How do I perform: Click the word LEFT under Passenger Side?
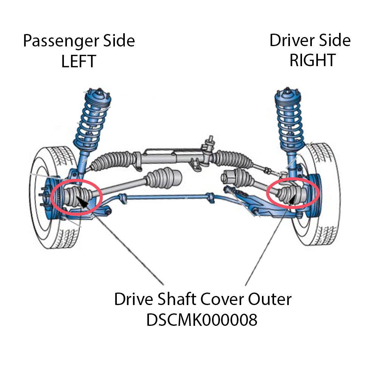[79, 61]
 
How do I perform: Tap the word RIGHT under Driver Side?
[312, 60]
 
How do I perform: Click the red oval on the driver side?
[293, 192]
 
